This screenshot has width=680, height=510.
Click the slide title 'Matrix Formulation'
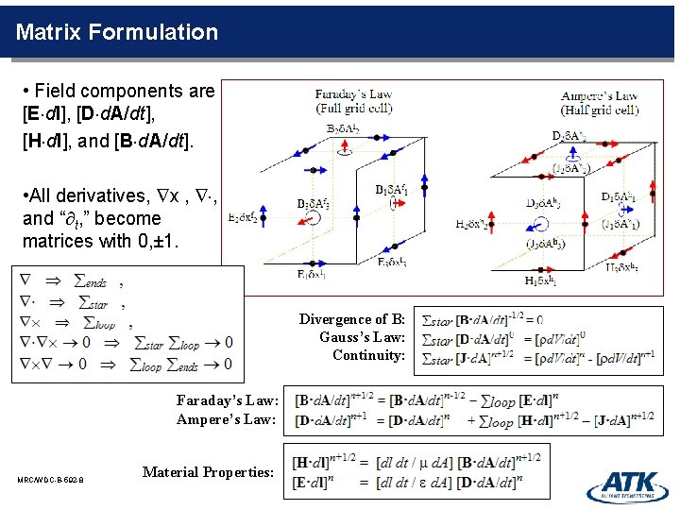tap(117, 32)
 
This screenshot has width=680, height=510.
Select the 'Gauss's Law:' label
tap(362, 337)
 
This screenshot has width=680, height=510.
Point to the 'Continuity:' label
tap(368, 355)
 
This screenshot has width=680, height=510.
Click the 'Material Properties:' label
tap(208, 471)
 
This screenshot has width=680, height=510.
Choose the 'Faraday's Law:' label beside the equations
tap(227, 400)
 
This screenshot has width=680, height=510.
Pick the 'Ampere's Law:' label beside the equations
tap(227, 418)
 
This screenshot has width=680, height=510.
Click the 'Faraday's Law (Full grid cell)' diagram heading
tap(354, 101)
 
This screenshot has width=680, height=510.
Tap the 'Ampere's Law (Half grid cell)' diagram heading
tap(600, 102)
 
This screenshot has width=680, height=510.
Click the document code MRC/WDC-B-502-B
tap(50, 481)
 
